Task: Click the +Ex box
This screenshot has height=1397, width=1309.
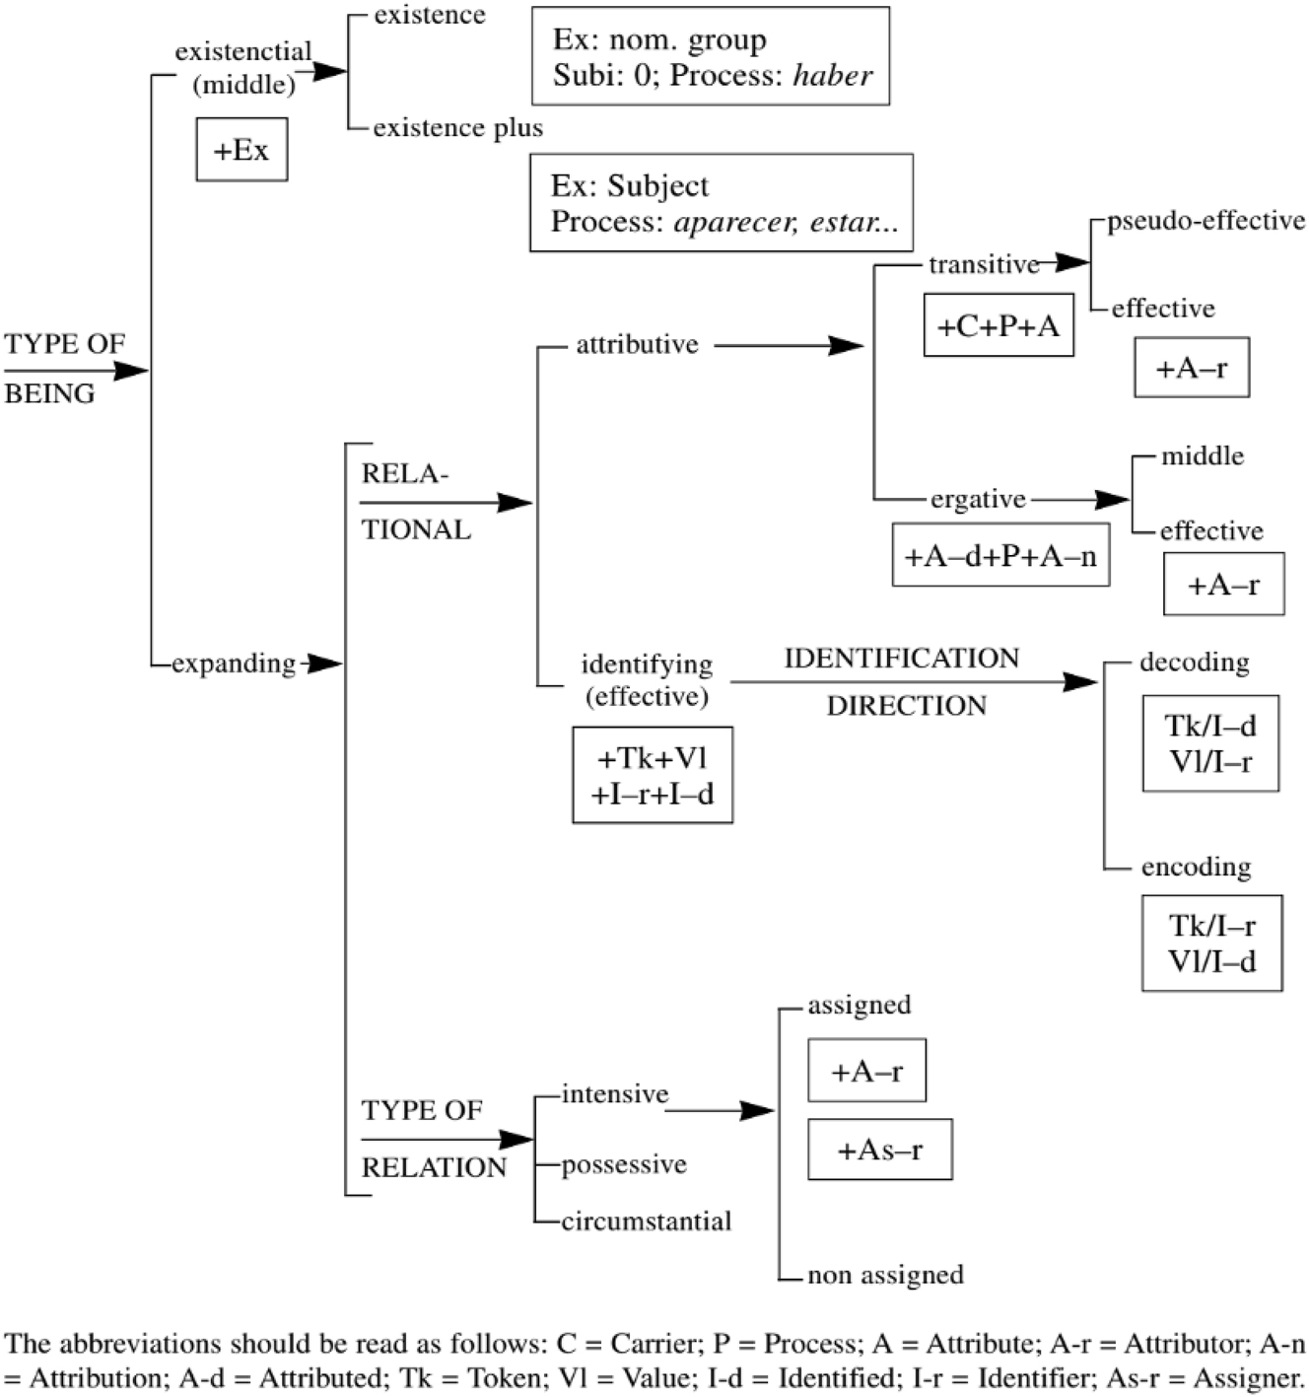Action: click(241, 150)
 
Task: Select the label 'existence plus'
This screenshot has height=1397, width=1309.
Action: click(457, 128)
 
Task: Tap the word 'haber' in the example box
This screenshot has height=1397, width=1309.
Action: click(832, 76)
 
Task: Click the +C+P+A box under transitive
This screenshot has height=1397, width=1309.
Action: click(998, 325)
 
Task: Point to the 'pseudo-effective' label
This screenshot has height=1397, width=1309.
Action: click(1206, 221)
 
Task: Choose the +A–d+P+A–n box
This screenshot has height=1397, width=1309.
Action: click(1000, 556)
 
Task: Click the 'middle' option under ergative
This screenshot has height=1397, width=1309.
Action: click(1202, 456)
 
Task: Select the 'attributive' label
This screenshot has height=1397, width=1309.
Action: click(637, 345)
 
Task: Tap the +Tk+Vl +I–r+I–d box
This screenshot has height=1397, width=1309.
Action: click(653, 776)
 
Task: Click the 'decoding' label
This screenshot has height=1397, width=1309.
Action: click(1194, 663)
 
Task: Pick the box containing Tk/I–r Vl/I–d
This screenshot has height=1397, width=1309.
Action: click(1211, 943)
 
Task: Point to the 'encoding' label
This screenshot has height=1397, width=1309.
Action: click(1196, 868)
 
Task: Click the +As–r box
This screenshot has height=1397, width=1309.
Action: click(879, 1150)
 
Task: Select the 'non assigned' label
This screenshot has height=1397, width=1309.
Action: click(885, 1275)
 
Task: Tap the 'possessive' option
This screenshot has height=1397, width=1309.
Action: click(624, 1165)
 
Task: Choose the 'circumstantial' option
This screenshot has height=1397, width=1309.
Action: click(647, 1222)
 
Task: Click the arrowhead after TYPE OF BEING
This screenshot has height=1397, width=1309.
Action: click(131, 371)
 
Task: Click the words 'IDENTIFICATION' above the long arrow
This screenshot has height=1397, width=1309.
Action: click(901, 659)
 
